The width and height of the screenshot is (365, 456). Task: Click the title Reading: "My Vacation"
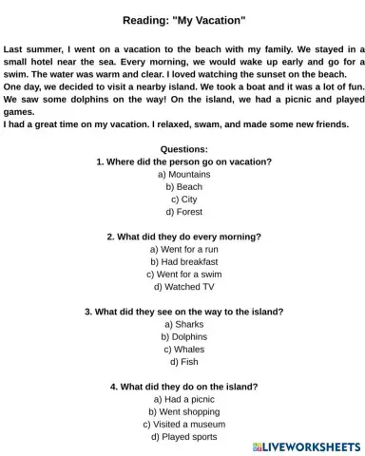click(183, 19)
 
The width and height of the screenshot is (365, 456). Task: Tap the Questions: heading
click(183, 150)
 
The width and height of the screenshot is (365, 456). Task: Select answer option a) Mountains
click(183, 175)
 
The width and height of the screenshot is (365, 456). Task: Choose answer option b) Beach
click(183, 187)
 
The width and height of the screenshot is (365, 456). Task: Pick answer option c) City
click(183, 199)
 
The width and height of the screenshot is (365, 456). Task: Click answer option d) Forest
click(183, 212)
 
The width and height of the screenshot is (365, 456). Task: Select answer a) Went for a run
click(183, 249)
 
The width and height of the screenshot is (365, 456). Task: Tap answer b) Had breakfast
click(183, 261)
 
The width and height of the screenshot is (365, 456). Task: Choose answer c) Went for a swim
click(183, 274)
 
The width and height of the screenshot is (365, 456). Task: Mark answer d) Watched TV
click(183, 286)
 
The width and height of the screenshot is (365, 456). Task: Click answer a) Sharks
click(183, 324)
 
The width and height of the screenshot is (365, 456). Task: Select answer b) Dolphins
click(183, 336)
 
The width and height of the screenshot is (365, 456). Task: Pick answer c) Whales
click(183, 349)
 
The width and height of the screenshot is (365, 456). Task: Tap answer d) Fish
click(183, 361)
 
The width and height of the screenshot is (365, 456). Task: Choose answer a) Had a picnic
click(183, 399)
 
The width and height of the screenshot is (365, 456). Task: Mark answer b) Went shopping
click(183, 411)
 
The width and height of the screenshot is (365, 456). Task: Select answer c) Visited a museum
click(183, 424)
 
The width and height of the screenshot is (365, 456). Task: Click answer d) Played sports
click(183, 437)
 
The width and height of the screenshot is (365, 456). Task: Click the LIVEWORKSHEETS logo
click(306, 446)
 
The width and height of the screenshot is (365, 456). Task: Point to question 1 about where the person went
click(183, 162)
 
